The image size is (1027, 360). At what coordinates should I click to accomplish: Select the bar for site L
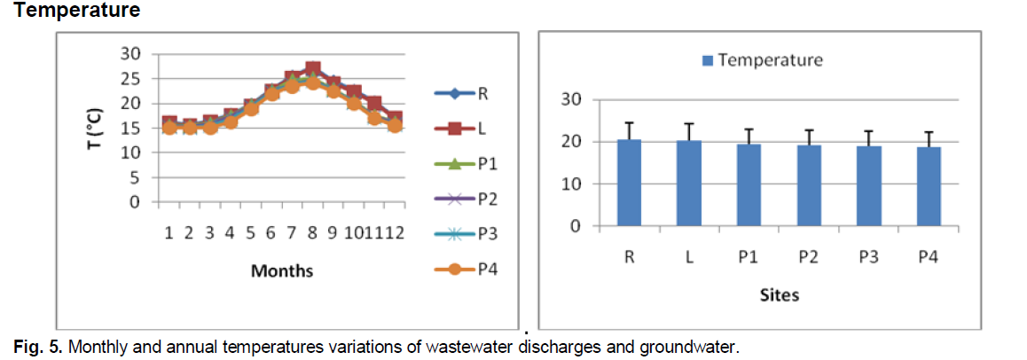pos(688,184)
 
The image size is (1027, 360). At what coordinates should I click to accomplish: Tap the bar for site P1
pos(749,185)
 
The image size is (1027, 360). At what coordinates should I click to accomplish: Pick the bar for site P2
pos(809,185)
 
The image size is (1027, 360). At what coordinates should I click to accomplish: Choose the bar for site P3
pos(869,186)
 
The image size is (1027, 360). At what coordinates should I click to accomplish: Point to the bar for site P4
pos(929,186)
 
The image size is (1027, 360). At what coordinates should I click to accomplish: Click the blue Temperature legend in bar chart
pos(763,60)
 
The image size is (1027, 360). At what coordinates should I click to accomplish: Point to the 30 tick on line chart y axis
pos(130,53)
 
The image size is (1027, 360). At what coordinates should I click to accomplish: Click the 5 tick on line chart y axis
pos(136,177)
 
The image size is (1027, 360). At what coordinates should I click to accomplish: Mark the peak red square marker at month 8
pos(312,68)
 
